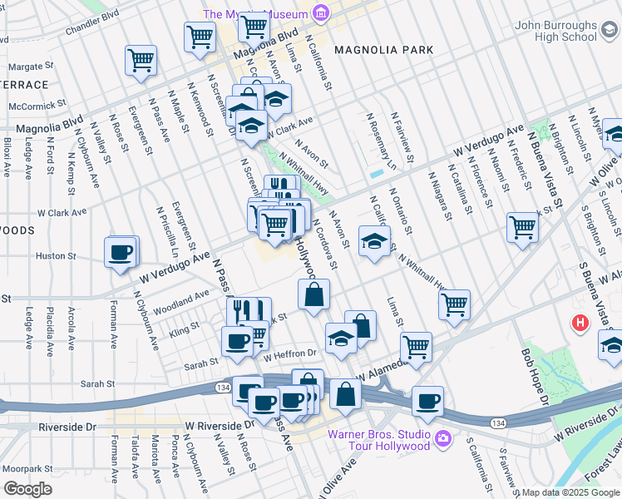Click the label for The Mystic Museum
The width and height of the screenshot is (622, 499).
click(255, 14)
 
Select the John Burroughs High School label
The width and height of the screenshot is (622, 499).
click(555, 32)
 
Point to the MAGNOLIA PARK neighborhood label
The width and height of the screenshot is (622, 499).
click(383, 50)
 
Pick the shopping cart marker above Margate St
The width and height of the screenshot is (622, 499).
click(141, 60)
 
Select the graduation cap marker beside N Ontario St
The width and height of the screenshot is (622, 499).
click(374, 242)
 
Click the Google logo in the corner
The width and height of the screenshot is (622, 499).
click(27, 489)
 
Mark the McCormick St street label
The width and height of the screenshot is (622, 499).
click(37, 106)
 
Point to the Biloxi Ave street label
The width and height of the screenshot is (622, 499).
click(7, 159)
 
